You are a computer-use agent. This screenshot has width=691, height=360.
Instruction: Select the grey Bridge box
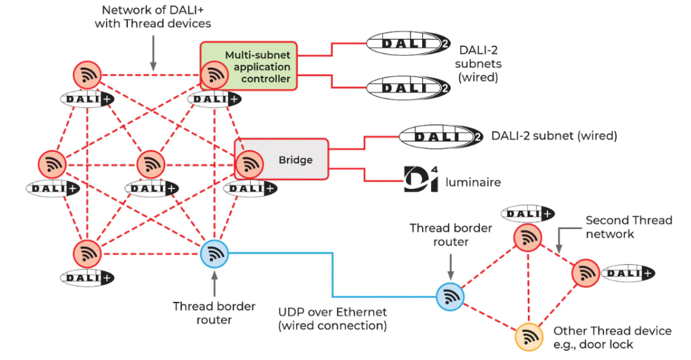point(294,159)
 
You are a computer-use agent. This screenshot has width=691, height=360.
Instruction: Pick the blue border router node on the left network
point(214,254)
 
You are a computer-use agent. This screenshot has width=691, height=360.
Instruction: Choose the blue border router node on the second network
point(450,297)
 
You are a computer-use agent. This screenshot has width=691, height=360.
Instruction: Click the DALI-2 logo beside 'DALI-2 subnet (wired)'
point(441,136)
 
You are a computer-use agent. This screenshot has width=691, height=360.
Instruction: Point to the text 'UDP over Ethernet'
point(332,312)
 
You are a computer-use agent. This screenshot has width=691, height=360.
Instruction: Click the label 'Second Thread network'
point(628,226)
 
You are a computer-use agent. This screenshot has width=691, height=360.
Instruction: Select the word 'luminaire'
point(473,182)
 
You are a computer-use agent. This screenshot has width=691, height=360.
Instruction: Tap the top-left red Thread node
point(88,75)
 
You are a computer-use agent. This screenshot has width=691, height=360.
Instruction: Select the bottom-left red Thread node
point(88,254)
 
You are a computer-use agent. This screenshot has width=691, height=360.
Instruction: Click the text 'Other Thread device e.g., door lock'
point(612,338)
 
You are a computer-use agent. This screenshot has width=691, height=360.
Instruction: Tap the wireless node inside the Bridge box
point(250,164)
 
